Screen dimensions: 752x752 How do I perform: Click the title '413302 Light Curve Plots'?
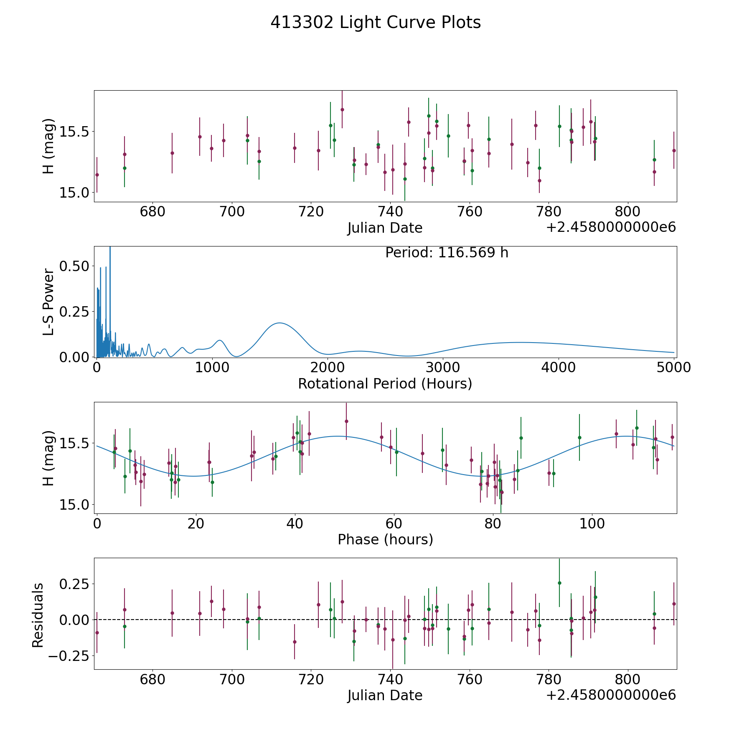376,23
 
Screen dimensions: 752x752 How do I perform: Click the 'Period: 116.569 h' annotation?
447,253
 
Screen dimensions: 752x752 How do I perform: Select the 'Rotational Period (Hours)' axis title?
385,384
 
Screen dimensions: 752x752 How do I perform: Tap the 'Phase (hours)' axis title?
385,539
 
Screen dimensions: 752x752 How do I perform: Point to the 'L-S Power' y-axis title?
48,302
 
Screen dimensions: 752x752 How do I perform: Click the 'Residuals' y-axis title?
38,615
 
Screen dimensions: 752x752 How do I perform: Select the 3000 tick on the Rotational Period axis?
442,368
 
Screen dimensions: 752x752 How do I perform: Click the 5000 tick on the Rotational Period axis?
673,368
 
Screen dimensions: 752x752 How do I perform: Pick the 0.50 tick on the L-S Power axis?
74,266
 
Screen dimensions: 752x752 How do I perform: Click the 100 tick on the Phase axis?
592,523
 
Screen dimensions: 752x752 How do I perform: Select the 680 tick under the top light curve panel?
152,211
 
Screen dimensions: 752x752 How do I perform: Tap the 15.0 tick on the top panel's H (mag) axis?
74,193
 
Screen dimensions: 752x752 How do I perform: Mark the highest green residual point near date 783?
559,583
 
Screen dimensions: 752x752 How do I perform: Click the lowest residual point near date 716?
295,642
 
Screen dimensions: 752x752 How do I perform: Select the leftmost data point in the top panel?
97,175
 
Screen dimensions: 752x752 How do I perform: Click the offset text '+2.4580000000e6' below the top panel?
611,228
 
